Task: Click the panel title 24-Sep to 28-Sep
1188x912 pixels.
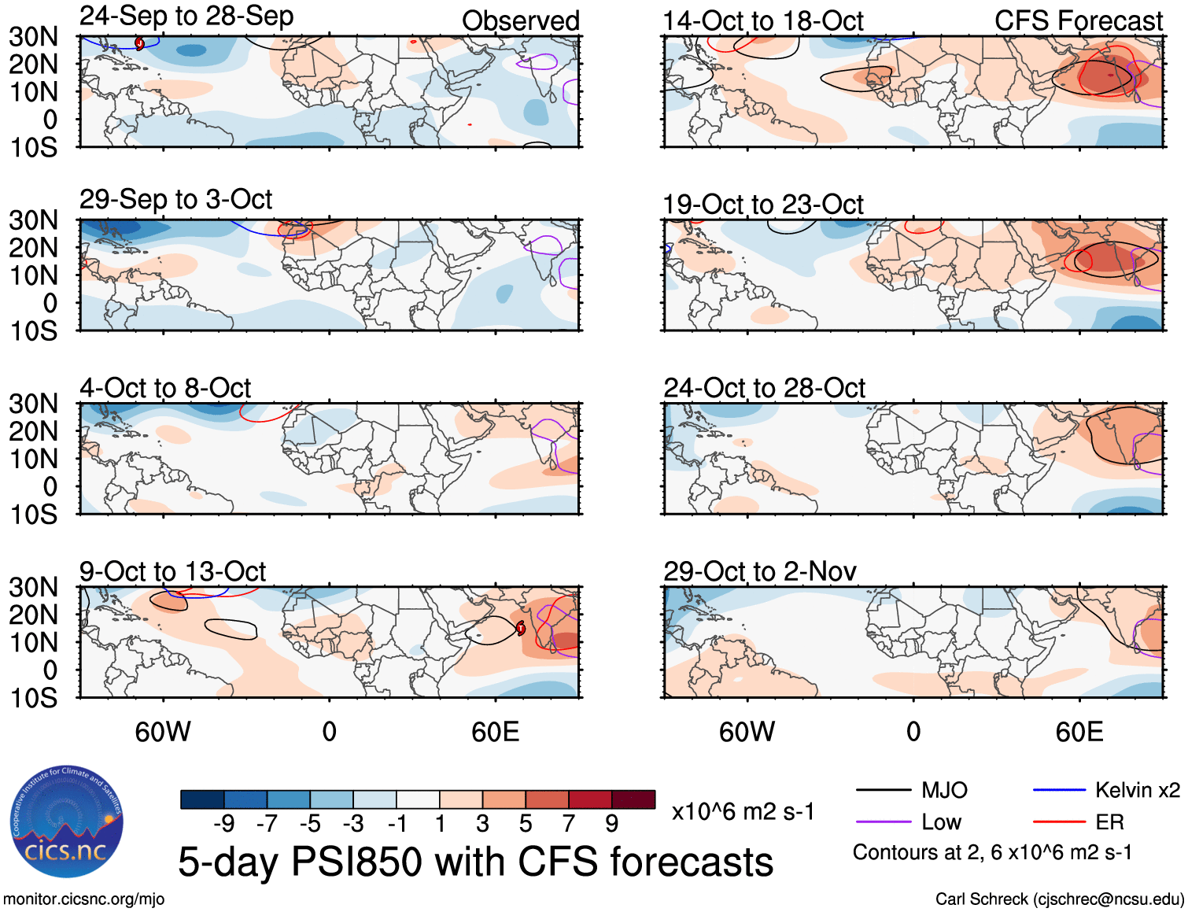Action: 186,16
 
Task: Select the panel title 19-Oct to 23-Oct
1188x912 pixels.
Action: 763,205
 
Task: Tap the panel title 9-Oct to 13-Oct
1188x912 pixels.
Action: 172,571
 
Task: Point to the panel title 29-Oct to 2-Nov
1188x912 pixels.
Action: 759,571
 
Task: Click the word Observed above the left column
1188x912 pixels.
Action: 520,21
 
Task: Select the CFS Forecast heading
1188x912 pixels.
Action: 1078,21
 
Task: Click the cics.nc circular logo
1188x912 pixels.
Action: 67,822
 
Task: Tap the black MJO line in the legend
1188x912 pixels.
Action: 883,790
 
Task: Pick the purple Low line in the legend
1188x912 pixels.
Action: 883,822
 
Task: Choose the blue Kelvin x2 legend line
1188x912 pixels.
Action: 1059,790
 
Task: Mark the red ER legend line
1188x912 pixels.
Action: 1059,822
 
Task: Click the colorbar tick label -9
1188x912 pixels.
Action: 224,823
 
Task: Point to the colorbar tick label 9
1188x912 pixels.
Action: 611,823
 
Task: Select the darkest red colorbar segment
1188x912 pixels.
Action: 633,799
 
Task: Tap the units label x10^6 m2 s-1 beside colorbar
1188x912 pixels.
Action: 743,811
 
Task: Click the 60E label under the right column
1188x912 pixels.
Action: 1079,732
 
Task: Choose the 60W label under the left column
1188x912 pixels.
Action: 163,732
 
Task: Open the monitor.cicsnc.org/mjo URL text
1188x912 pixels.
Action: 83,899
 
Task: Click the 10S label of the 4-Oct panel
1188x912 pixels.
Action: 34,515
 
